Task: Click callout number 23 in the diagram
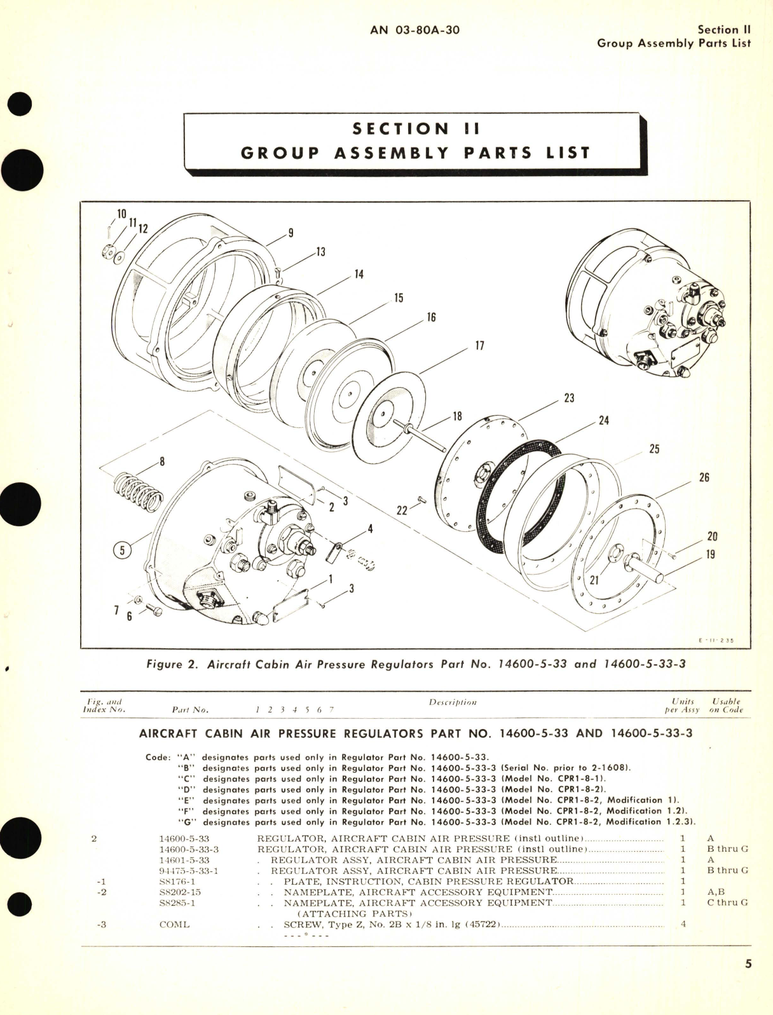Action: coord(569,398)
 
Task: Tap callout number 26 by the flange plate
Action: coord(704,477)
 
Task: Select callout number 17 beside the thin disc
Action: coord(479,345)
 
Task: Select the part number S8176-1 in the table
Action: coord(177,882)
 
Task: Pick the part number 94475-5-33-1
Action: coord(188,871)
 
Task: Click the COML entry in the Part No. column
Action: coord(174,924)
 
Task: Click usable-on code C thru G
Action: coord(727,903)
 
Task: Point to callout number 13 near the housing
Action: coord(320,252)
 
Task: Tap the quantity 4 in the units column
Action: coord(683,924)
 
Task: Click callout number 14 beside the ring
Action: coord(359,275)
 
